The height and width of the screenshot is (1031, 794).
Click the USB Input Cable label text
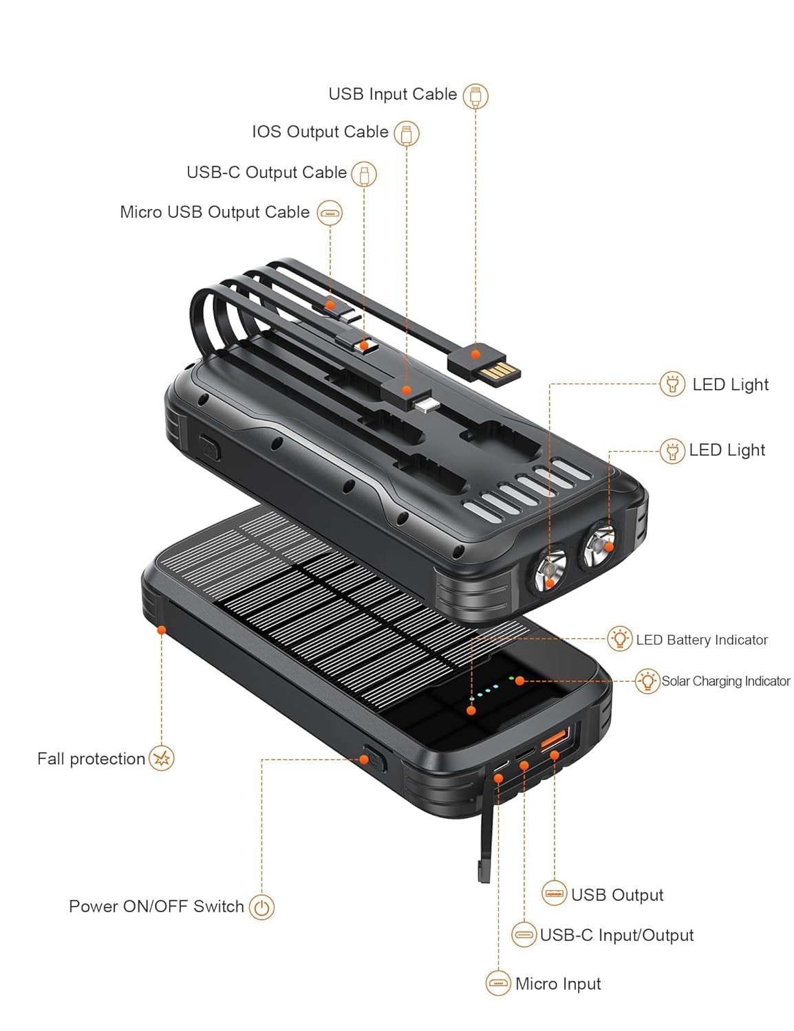(392, 94)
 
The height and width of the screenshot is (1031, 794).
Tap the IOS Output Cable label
(320, 132)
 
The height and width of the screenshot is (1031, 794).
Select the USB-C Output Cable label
(266, 173)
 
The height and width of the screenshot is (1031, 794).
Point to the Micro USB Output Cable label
(215, 212)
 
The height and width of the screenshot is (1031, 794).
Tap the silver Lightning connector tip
(426, 404)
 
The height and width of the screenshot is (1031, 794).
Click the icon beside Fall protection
(162, 758)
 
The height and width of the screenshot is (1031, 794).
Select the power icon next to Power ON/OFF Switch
(261, 907)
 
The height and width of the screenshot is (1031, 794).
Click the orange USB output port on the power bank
(555, 740)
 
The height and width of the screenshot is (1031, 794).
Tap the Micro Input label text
(558, 984)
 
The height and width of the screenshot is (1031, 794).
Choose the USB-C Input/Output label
(616, 935)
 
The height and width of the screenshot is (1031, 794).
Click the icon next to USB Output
(555, 894)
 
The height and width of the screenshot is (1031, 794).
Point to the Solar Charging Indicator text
(726, 681)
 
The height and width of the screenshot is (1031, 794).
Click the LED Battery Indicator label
(702, 640)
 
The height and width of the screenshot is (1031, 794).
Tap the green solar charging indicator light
(512, 678)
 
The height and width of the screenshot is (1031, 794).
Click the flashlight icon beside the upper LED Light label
(672, 384)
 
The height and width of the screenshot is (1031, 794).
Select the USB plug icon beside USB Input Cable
(475, 96)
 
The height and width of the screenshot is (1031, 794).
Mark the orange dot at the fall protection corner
(162, 629)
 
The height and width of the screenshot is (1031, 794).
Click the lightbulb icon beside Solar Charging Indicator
(647, 680)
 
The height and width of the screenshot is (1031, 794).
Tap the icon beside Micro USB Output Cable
(330, 213)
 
